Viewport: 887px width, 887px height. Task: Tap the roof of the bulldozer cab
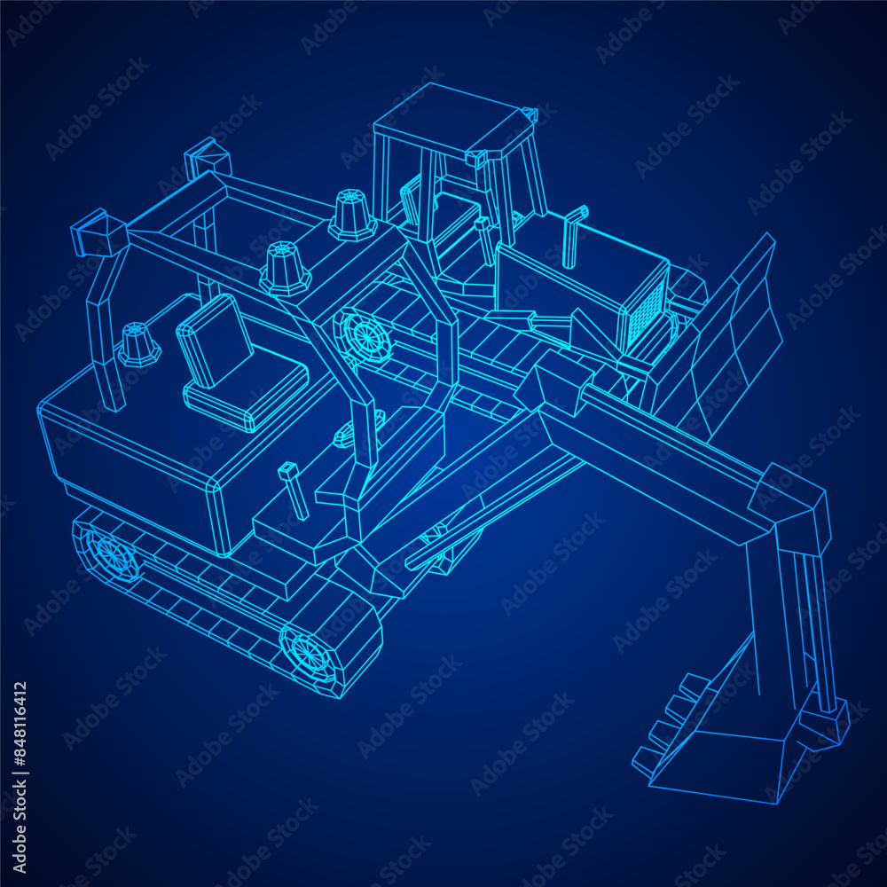(x=452, y=122)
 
